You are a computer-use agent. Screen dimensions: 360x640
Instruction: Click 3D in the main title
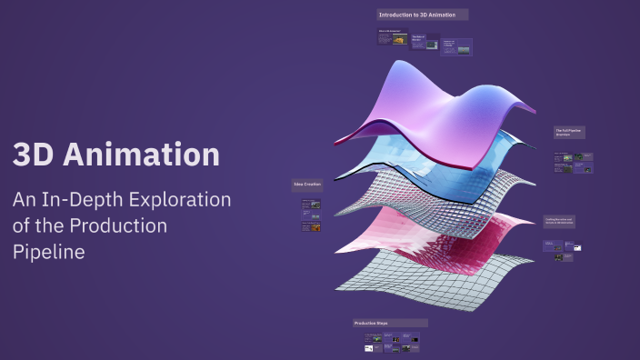(35, 154)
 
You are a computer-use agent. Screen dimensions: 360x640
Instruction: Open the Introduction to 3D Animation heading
(423, 15)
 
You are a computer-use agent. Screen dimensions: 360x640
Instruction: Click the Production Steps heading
(390, 323)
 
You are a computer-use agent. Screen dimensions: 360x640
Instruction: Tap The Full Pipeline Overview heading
(569, 133)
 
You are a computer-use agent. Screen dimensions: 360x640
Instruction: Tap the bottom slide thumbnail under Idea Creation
(311, 227)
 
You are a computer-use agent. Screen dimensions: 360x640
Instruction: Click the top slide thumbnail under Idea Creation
(311, 205)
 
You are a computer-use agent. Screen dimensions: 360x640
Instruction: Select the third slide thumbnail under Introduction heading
(449, 46)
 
